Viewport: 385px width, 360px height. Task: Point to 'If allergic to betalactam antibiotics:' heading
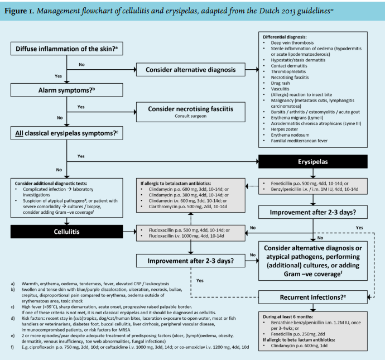pyautogui.click(x=175, y=183)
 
